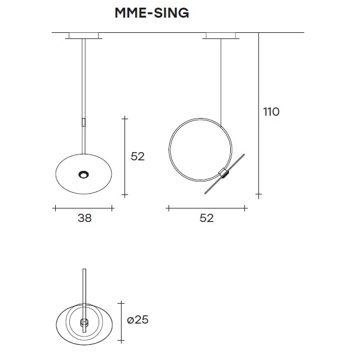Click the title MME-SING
pyautogui.click(x=152, y=13)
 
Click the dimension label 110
pyautogui.click(x=271, y=112)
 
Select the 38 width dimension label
pyautogui.click(x=85, y=218)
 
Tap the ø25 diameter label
pyautogui.click(x=138, y=319)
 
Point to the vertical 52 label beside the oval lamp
pyautogui.click(x=138, y=156)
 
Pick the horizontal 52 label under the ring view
pyautogui.click(x=207, y=218)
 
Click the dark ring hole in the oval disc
pyautogui.click(x=83, y=174)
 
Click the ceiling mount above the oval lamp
pyautogui.click(x=83, y=36)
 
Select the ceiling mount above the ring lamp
pyautogui.click(x=221, y=36)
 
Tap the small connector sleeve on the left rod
pyautogui.click(x=83, y=122)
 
